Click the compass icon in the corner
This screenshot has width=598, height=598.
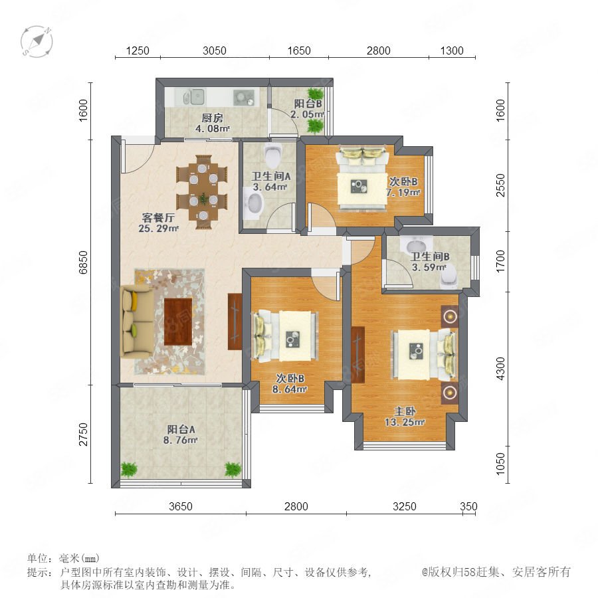(37, 42)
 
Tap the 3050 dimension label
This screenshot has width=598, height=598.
(215, 50)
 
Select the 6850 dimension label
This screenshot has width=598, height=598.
(83, 262)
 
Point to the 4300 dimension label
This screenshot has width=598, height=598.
(500, 369)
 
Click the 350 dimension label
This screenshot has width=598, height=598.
(468, 506)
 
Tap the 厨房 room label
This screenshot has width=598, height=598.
(213, 118)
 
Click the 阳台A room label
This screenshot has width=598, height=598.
(181, 429)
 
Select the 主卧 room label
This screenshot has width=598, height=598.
(405, 411)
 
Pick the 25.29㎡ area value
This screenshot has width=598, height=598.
(158, 229)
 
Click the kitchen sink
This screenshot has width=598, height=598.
(194, 97)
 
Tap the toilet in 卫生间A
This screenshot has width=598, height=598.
(273, 155)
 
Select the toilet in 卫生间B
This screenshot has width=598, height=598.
(448, 276)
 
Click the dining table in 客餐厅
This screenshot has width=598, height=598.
(202, 192)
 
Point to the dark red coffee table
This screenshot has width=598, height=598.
(178, 321)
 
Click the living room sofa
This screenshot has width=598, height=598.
(137, 321)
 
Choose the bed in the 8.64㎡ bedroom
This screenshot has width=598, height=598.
(284, 336)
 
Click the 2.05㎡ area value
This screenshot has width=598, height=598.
(308, 114)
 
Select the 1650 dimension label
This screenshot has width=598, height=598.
(299, 50)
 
